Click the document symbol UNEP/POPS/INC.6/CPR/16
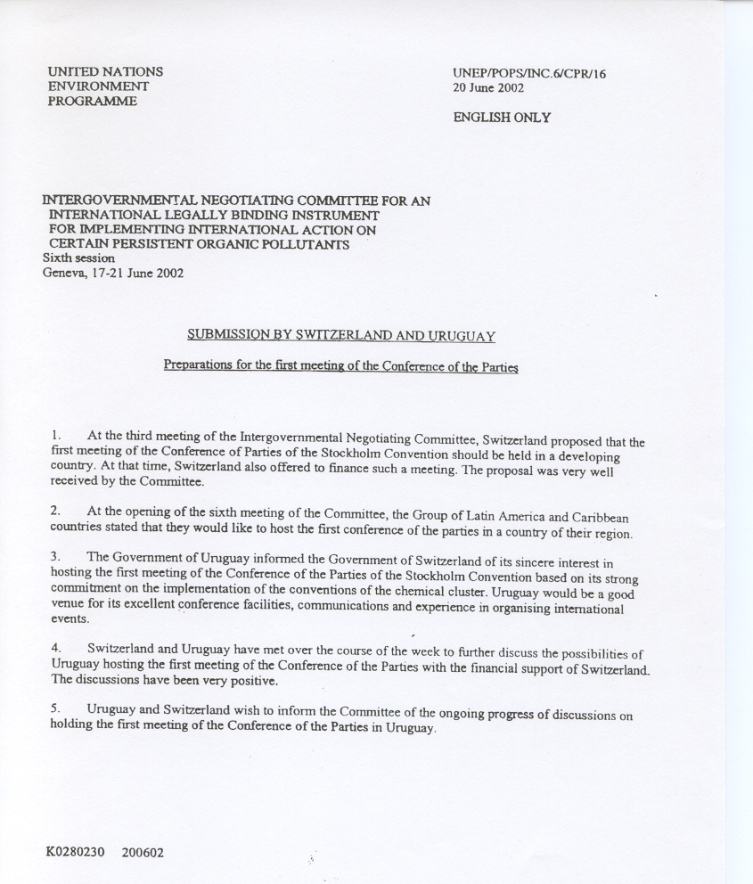tap(528, 74)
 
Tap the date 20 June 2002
tap(488, 88)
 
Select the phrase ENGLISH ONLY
tap(502, 118)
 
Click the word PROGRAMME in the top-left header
tap(93, 102)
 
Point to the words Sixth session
tap(78, 258)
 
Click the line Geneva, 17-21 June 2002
tap(113, 273)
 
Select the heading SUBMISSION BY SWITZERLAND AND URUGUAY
tap(340, 336)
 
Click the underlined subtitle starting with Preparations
tap(340, 366)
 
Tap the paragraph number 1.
tap(56, 436)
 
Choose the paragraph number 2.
tap(56, 512)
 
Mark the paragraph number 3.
tap(56, 556)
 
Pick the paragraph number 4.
tap(56, 649)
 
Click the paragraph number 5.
tap(56, 709)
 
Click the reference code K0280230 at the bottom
tap(75, 852)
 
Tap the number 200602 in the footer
tap(143, 853)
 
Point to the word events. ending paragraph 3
tap(70, 618)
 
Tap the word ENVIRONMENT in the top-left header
tap(98, 86)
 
